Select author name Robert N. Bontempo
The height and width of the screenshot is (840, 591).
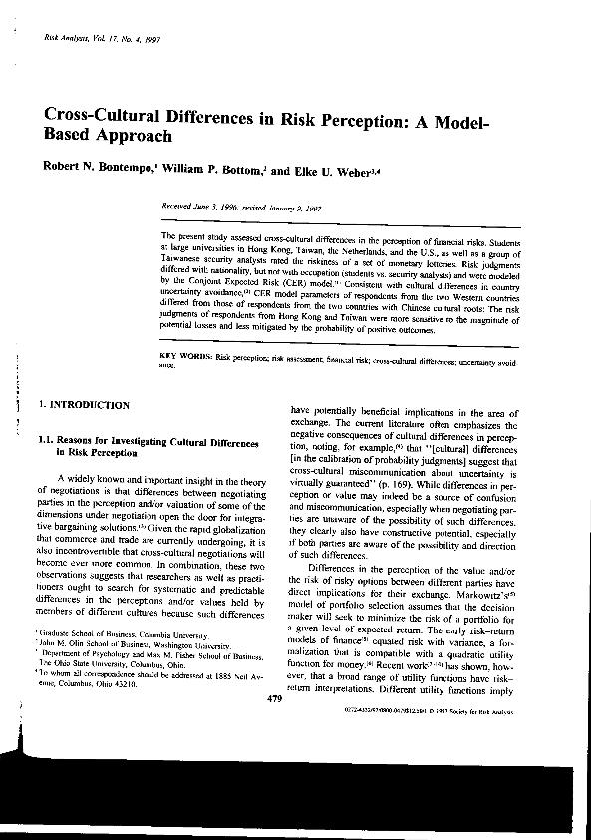(98, 171)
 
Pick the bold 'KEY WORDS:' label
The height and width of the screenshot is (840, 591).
(187, 356)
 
